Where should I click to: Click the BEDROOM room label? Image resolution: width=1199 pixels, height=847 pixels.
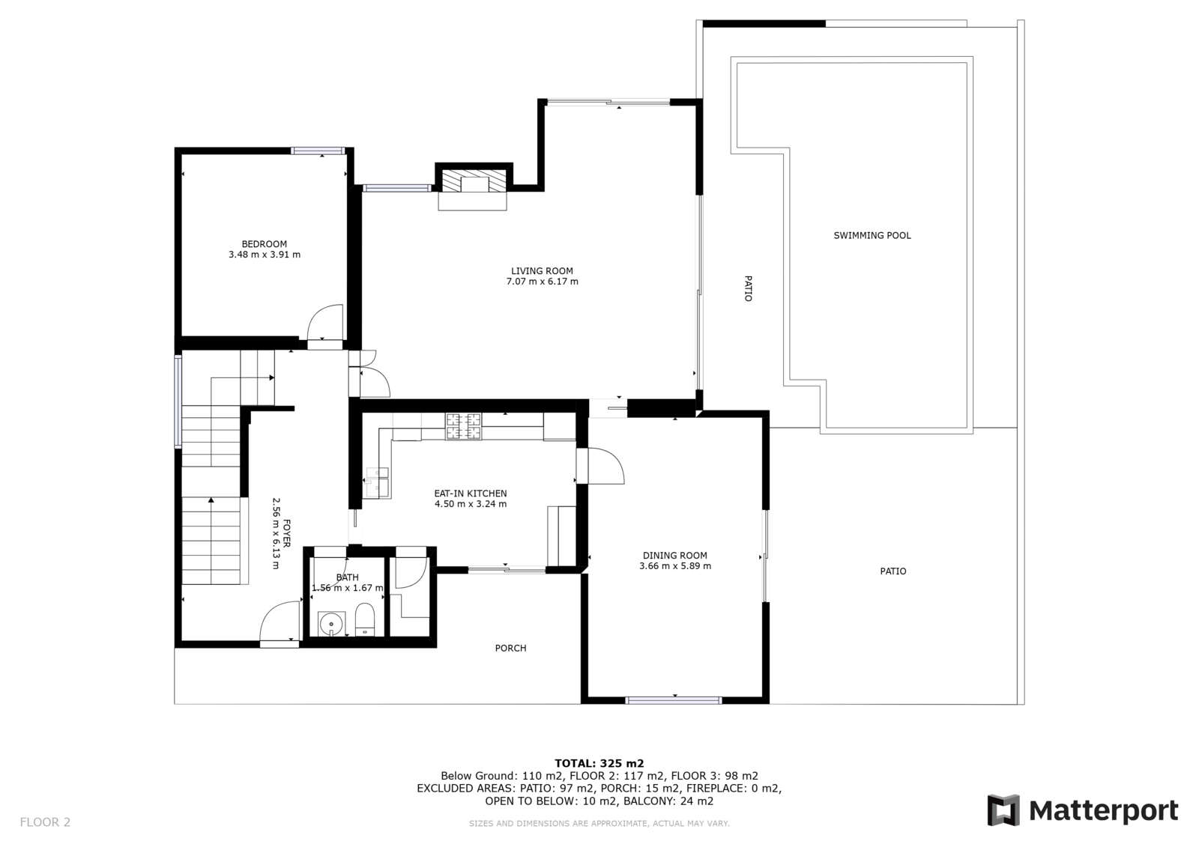click(x=265, y=244)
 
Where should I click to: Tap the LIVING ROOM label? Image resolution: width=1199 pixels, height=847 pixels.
click(x=542, y=271)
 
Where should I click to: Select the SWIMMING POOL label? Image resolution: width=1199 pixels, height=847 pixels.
click(x=872, y=235)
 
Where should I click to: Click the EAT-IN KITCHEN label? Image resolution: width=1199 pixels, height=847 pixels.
click(x=471, y=494)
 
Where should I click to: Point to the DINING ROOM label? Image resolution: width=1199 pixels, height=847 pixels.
click(x=675, y=556)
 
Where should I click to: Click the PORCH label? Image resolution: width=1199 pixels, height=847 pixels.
click(x=510, y=648)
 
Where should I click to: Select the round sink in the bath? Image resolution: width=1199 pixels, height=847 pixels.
click(x=331, y=624)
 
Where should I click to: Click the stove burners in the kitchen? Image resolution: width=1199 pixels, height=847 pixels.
click(x=464, y=426)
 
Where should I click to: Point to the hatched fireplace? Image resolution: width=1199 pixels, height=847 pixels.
click(x=473, y=180)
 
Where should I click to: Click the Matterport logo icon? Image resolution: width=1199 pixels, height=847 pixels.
click(x=1003, y=810)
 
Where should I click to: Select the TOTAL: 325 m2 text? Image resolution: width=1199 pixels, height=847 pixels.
click(x=599, y=764)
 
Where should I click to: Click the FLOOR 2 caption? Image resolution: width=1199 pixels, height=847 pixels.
click(x=45, y=822)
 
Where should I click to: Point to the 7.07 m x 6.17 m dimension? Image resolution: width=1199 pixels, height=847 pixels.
click(x=543, y=282)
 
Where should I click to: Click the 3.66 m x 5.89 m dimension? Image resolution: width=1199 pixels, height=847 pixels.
click(x=675, y=566)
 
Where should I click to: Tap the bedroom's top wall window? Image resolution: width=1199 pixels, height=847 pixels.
click(x=318, y=151)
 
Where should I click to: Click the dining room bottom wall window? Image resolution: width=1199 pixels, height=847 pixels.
click(x=674, y=700)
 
